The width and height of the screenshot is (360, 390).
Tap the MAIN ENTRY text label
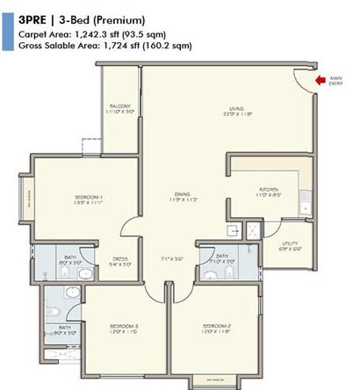(335, 84)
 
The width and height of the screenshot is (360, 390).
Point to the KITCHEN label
(268, 187)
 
